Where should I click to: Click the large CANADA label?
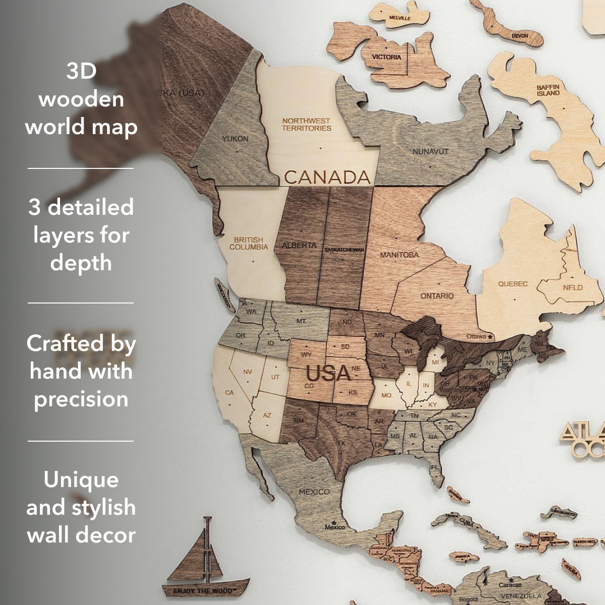point(327,176)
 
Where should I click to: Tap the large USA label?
point(328,374)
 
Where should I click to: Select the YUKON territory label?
point(235,138)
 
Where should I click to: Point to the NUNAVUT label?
point(431,151)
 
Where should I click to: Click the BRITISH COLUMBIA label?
point(249,244)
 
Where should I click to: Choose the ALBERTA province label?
point(299,246)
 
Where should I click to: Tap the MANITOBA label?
point(399,255)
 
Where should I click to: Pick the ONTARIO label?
point(437,295)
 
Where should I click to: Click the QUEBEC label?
point(513,284)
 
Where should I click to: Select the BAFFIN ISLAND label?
point(548,90)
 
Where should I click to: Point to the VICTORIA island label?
point(387,57)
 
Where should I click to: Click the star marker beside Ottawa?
point(490,336)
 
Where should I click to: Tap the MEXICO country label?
point(314,492)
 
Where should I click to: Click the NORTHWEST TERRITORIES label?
point(306,124)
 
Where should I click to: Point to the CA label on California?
point(229,392)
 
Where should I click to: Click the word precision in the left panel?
point(81,399)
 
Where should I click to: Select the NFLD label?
point(573,288)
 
